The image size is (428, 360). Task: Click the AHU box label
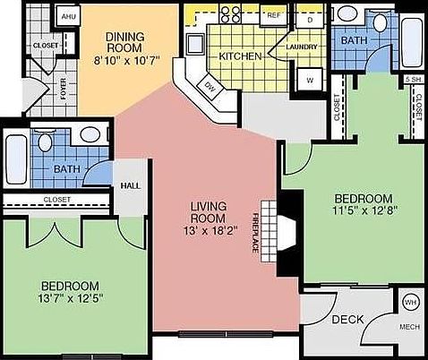pos(68,16)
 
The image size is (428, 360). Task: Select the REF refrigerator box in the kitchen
pos(275,16)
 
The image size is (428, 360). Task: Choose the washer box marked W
pos(310,79)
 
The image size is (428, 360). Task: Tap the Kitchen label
pos(240,56)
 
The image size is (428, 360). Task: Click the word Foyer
pos(39,88)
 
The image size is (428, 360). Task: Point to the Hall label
pos(129,186)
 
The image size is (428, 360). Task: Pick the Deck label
pos(347,320)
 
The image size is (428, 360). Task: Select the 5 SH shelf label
pos(414,80)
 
